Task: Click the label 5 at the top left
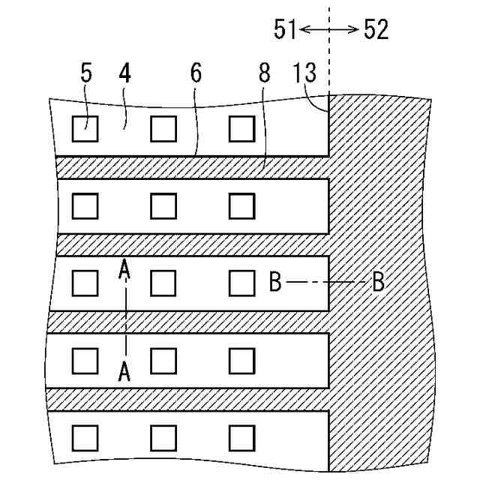tap(85, 76)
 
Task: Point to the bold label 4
tap(124, 76)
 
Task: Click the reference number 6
tap(196, 76)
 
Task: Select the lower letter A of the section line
tap(125, 370)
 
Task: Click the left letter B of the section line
tap(275, 283)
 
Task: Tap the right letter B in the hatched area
tap(378, 283)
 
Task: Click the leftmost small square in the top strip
tap(85, 130)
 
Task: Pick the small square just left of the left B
tap(241, 283)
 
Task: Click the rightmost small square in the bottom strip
tap(241, 436)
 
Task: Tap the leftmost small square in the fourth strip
tap(85, 361)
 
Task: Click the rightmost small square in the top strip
tap(241, 130)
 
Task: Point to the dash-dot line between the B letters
tap(326, 283)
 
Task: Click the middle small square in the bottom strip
tap(163, 436)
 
